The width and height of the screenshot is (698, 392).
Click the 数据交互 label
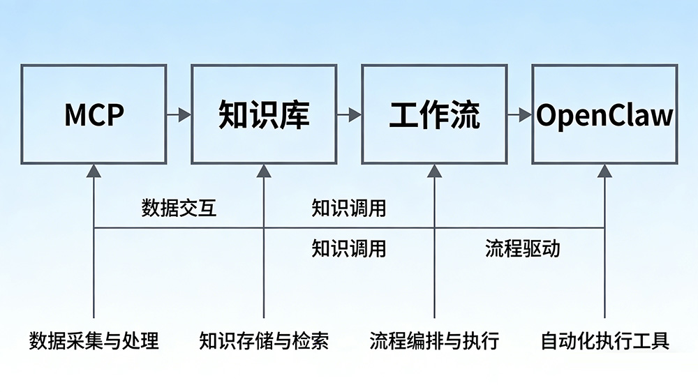(x=179, y=208)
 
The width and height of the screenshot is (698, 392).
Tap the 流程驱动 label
(x=523, y=248)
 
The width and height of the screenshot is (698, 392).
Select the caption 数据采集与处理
(x=94, y=341)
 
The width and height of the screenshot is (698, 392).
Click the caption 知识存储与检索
(x=264, y=341)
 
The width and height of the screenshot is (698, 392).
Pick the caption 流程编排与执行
(x=434, y=341)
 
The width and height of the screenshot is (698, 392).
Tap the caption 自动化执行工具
(x=605, y=341)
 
